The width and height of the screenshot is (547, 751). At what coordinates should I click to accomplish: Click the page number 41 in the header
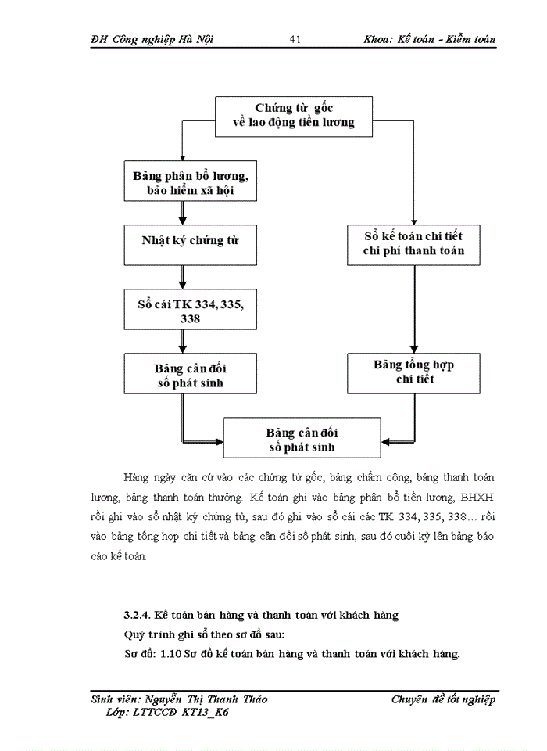295,39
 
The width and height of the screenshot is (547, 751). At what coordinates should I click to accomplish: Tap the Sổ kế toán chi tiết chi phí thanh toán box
413,244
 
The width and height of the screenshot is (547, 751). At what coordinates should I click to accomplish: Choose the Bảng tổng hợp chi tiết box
413,372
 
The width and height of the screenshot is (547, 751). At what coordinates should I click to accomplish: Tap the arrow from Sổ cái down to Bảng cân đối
181,340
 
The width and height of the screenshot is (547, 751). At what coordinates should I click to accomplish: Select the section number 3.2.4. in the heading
137,616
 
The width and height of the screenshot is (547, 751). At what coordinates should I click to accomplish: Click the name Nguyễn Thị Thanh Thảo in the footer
205,699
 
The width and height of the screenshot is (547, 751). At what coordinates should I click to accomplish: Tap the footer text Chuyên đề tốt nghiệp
443,699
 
